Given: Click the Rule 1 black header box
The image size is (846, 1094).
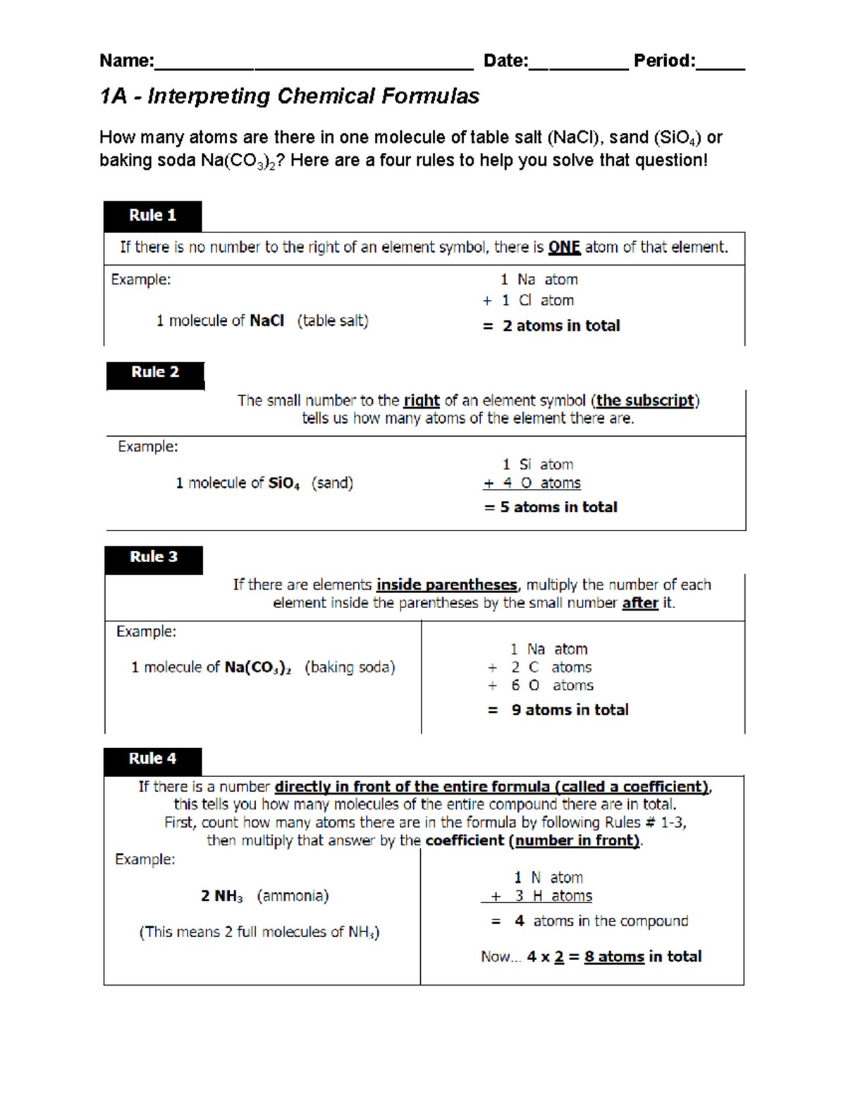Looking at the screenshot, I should (152, 216).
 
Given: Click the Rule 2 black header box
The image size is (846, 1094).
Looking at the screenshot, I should (155, 374).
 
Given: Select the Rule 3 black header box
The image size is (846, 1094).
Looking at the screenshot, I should (154, 559).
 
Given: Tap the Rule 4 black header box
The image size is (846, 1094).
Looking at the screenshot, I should (152, 760).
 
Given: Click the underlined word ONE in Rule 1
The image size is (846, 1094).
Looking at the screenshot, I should (564, 247).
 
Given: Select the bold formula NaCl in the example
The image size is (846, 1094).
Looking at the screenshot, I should (267, 321).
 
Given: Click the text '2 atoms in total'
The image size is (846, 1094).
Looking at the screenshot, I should (561, 326).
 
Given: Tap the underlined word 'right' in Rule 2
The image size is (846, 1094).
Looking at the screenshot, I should (422, 401).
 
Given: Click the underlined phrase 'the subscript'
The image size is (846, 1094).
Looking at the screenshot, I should (645, 401).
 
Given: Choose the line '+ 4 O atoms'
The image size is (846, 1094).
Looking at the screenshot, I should (532, 483).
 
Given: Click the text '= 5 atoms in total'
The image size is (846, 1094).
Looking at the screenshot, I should (551, 507).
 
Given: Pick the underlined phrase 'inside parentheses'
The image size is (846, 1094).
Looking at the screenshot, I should (446, 585).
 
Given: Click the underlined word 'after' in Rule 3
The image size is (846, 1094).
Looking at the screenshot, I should (640, 603).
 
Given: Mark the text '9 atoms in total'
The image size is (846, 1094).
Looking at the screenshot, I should (570, 710).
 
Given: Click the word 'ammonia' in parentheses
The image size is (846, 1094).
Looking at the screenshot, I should (293, 896).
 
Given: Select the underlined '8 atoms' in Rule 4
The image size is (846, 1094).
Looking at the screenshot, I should (614, 957).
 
